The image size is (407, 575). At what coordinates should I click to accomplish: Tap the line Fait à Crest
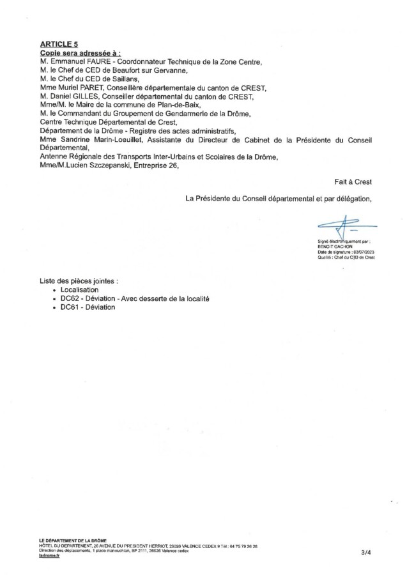pos(353,181)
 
